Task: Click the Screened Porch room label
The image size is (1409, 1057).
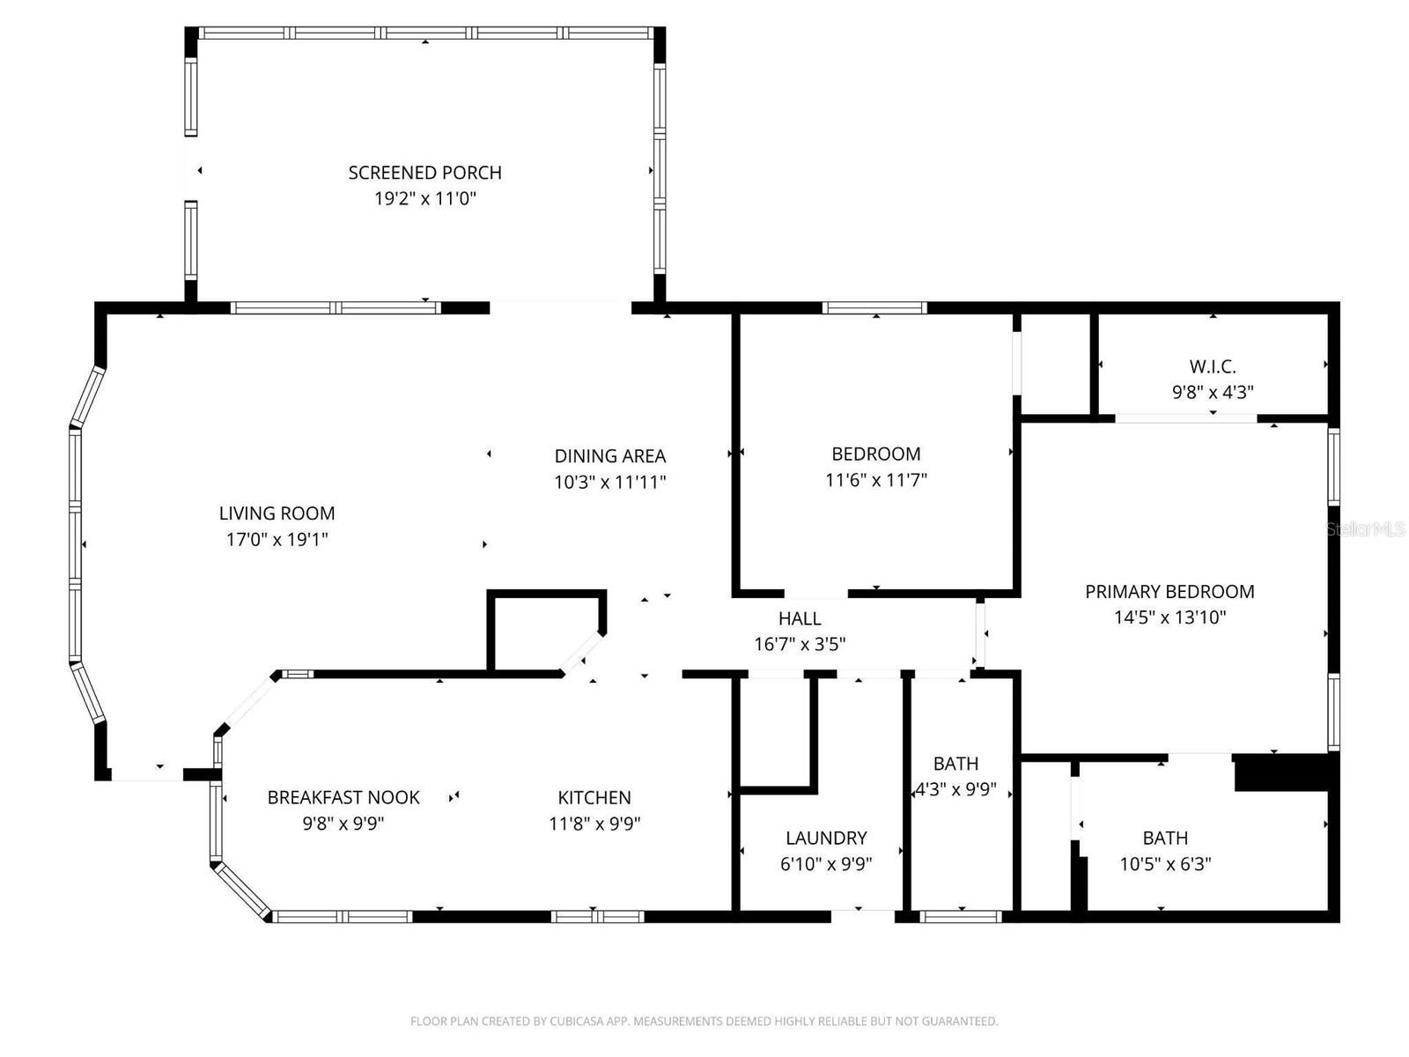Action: (424, 173)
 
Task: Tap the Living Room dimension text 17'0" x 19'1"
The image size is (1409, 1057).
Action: (277, 539)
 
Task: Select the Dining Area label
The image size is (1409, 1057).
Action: (609, 456)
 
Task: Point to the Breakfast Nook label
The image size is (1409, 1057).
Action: (343, 797)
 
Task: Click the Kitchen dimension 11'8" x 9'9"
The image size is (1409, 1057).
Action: (594, 824)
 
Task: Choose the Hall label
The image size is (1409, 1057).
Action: (800, 618)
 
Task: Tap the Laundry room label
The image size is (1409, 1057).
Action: (826, 838)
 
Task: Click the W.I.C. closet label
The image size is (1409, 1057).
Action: (1213, 366)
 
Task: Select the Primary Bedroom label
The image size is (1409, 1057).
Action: (1169, 591)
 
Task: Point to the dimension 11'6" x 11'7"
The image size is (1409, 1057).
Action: (876, 480)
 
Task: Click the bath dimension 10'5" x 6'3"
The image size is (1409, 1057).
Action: (1165, 864)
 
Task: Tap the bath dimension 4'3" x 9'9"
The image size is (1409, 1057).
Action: (955, 789)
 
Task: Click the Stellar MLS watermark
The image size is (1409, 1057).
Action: (1365, 529)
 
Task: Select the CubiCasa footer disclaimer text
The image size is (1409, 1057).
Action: (704, 1021)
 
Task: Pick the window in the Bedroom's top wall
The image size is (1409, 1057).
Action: (874, 307)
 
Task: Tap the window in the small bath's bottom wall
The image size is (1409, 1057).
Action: (960, 916)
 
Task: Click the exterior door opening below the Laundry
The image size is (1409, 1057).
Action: (863, 916)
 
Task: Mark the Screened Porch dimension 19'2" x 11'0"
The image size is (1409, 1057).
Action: (425, 199)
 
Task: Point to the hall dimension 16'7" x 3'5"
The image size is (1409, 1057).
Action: (800, 644)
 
